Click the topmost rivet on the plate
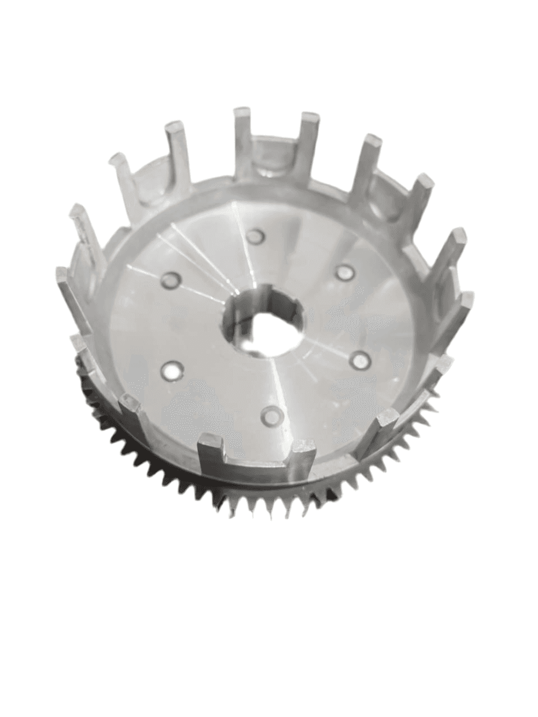coord(257,236)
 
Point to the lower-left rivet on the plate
coord(171,369)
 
